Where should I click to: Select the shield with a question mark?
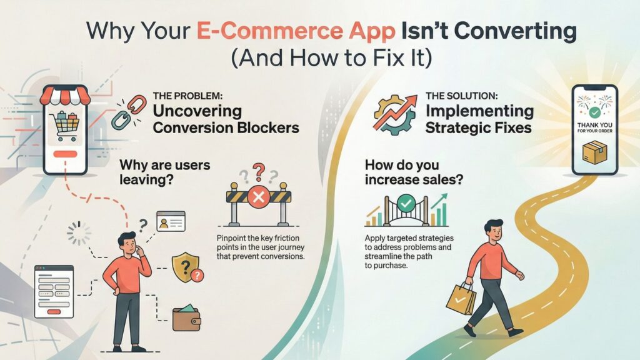(x=186, y=267)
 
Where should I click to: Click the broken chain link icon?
(x=129, y=111)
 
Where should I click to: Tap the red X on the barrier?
(x=258, y=197)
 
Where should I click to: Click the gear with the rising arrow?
(x=395, y=115)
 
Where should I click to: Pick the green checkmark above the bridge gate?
(x=406, y=202)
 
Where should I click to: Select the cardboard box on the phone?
(x=595, y=152)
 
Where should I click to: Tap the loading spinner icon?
(x=79, y=234)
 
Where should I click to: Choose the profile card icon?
(x=171, y=221)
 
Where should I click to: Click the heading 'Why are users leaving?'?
(x=165, y=172)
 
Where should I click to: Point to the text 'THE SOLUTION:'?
(x=462, y=96)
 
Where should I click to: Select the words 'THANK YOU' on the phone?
(x=595, y=125)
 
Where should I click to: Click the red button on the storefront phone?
(x=65, y=154)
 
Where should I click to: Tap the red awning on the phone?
(x=65, y=95)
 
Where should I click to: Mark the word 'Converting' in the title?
(x=489, y=31)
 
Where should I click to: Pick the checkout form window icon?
(x=54, y=291)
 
